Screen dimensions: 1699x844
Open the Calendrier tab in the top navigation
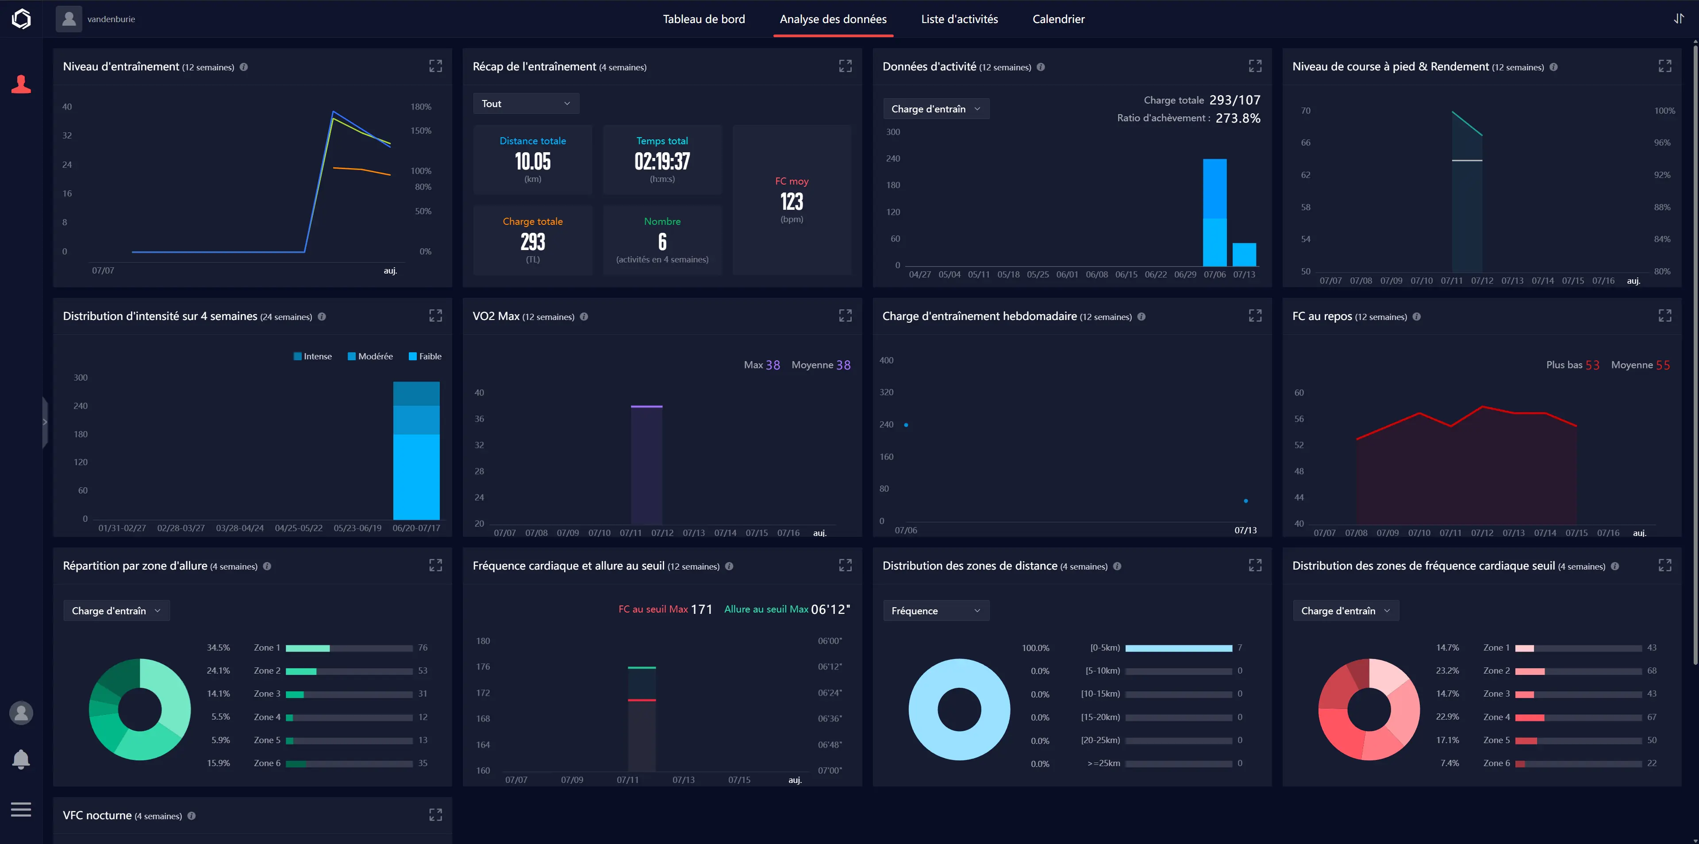(1058, 19)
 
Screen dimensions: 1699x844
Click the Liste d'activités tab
(959, 19)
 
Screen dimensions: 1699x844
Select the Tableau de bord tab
(704, 19)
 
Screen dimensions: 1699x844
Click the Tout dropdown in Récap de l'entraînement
(526, 104)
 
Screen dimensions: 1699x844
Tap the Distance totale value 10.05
(532, 162)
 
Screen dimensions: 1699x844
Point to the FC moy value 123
(792, 202)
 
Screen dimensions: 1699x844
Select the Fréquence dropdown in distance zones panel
(936, 610)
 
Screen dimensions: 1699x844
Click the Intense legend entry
(313, 356)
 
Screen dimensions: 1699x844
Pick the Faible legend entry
(425, 356)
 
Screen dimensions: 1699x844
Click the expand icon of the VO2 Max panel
(845, 316)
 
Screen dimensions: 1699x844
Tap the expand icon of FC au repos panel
(1664, 316)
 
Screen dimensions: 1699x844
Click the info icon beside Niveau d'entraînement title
(243, 67)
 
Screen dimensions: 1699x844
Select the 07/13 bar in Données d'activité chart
(1244, 254)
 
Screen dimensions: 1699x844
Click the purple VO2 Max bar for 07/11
(646, 465)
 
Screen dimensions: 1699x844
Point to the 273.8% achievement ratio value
(1238, 118)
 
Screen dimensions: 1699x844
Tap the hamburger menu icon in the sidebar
(21, 809)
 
